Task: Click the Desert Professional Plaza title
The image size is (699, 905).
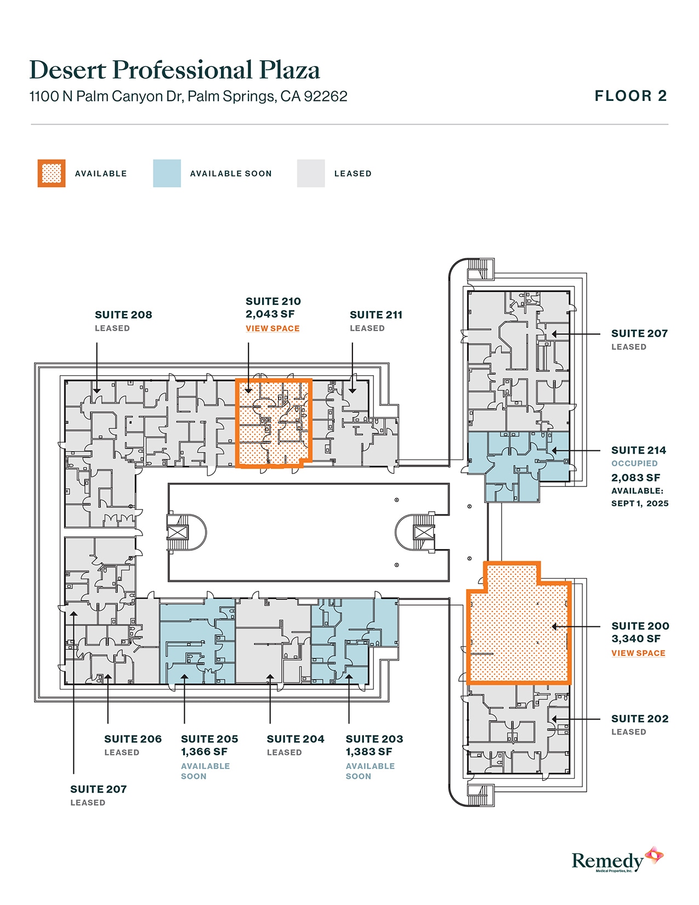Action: click(174, 70)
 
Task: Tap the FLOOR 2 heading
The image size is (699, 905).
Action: click(630, 96)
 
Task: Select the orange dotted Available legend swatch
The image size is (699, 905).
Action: click(52, 173)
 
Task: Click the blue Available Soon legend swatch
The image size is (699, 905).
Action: click(167, 173)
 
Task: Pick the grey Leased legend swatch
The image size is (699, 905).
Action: click(311, 173)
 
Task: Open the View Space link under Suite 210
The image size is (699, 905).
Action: click(272, 329)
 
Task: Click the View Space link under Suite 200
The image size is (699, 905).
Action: click(638, 653)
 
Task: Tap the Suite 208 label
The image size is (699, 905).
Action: click(123, 315)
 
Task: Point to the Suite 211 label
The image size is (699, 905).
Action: click(376, 315)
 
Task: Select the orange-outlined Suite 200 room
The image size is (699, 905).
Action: click(518, 631)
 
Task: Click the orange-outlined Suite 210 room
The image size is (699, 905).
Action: click(273, 422)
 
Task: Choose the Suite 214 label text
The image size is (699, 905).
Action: click(639, 450)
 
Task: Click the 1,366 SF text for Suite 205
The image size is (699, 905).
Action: click(204, 752)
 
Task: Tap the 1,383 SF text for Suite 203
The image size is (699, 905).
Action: click(369, 752)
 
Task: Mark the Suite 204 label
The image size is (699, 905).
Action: click(295, 739)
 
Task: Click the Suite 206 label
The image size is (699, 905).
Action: click(133, 739)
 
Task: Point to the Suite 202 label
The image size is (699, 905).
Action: click(640, 719)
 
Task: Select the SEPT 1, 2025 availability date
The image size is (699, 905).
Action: click(640, 504)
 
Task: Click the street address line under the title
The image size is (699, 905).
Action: click(188, 97)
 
